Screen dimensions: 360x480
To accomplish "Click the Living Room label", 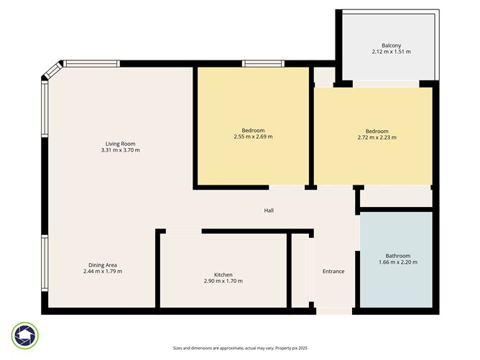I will coord(120,143).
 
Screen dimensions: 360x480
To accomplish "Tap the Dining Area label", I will coord(102,264).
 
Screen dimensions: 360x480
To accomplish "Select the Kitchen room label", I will coord(223,274).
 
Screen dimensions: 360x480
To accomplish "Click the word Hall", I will coord(269,211).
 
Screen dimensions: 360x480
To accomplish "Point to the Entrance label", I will coord(333,271).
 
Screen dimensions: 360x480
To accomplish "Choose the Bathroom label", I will coord(397,256).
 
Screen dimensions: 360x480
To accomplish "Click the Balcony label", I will coord(392,45).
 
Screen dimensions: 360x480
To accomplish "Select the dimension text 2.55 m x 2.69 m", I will coord(253,137).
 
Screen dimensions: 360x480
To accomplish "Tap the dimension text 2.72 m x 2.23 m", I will coord(377,137).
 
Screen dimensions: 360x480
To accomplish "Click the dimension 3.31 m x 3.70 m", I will coord(120,150).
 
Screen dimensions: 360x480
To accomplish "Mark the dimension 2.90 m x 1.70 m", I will coord(223,281).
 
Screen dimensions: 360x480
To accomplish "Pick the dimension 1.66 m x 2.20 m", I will coord(397,262).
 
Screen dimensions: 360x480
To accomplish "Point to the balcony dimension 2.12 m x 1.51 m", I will coord(392,52).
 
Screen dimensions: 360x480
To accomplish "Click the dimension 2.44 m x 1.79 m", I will coord(102,271).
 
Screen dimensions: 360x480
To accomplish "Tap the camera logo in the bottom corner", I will coord(25,334).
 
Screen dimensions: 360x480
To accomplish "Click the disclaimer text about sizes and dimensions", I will coord(239,348).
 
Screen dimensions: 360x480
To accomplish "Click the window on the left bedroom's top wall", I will coord(263,63).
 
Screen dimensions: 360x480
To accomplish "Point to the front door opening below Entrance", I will coord(333,310).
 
